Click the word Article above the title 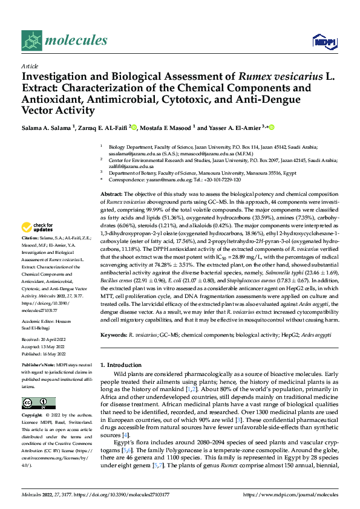point(29,66)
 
